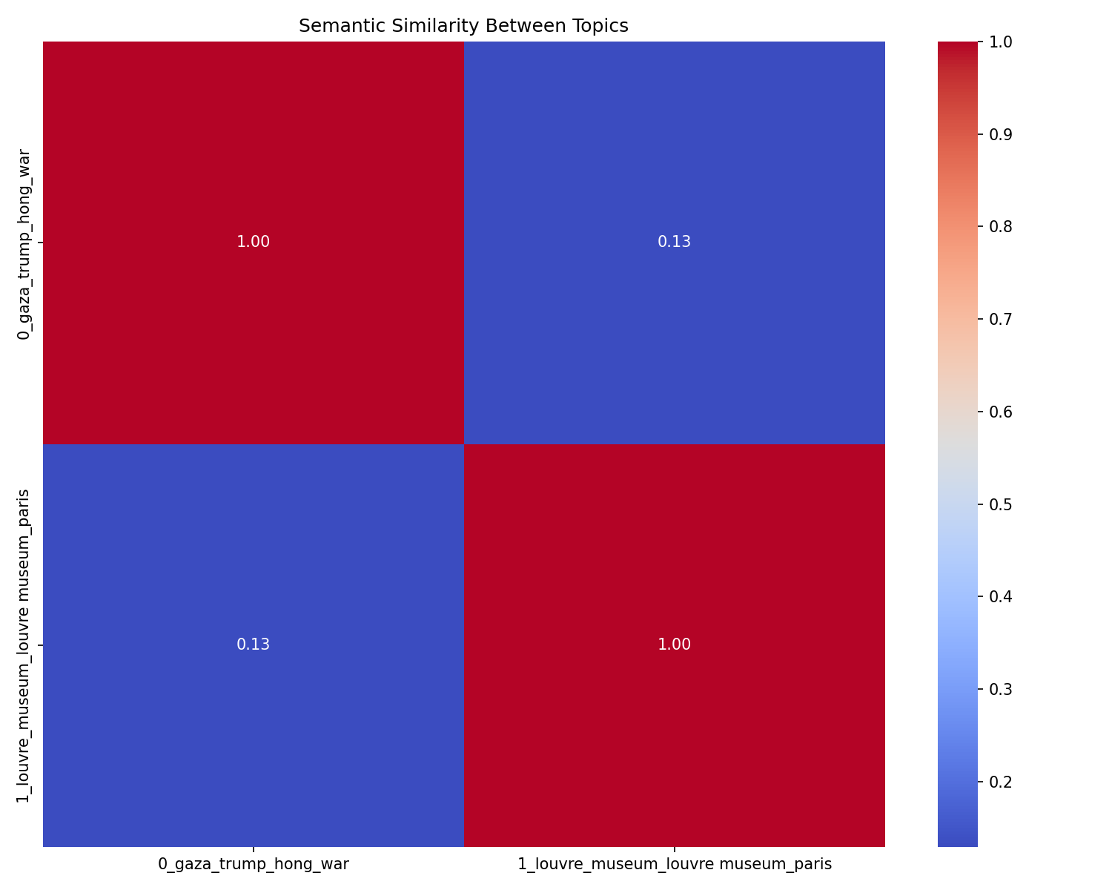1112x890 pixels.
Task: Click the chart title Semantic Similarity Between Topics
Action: (x=463, y=26)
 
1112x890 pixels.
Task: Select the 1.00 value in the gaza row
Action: (x=253, y=242)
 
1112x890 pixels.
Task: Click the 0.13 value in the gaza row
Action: (x=674, y=242)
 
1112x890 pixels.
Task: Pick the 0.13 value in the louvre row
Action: (x=253, y=645)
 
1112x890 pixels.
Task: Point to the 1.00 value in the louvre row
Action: (x=674, y=645)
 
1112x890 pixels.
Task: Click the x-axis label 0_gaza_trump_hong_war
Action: (x=254, y=864)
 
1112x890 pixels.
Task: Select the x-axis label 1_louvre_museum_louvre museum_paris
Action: (x=674, y=864)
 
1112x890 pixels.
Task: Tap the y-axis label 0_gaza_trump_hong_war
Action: (x=24, y=244)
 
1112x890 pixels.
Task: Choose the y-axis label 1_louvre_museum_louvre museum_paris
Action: (x=24, y=645)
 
